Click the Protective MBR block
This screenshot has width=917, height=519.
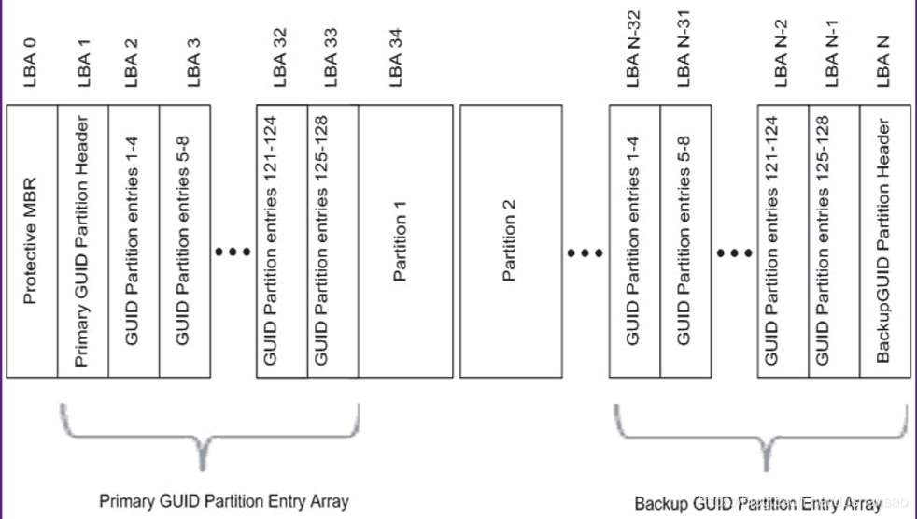tap(32, 240)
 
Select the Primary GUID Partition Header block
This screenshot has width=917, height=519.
tap(83, 240)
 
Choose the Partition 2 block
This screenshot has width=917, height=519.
tap(511, 240)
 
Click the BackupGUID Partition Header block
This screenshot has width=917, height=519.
tap(884, 240)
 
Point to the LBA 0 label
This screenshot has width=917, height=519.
tap(31, 63)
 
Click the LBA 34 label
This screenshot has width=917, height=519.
tap(396, 63)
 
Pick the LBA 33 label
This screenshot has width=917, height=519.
tap(332, 63)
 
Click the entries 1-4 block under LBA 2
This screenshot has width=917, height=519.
tap(134, 240)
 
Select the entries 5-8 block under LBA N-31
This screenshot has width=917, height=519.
tap(685, 240)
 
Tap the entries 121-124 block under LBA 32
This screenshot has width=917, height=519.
tap(281, 240)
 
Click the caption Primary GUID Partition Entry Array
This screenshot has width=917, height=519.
tap(223, 501)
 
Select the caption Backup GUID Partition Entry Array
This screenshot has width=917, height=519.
tap(756, 504)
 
